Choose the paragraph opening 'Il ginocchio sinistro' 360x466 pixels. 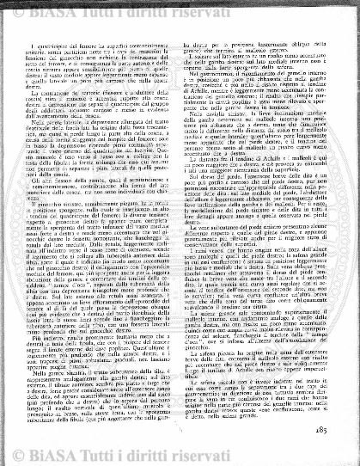72,221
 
